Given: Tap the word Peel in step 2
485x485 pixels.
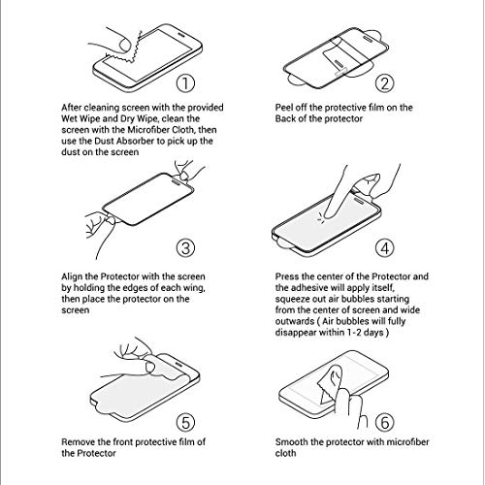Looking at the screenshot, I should tap(285, 107).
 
